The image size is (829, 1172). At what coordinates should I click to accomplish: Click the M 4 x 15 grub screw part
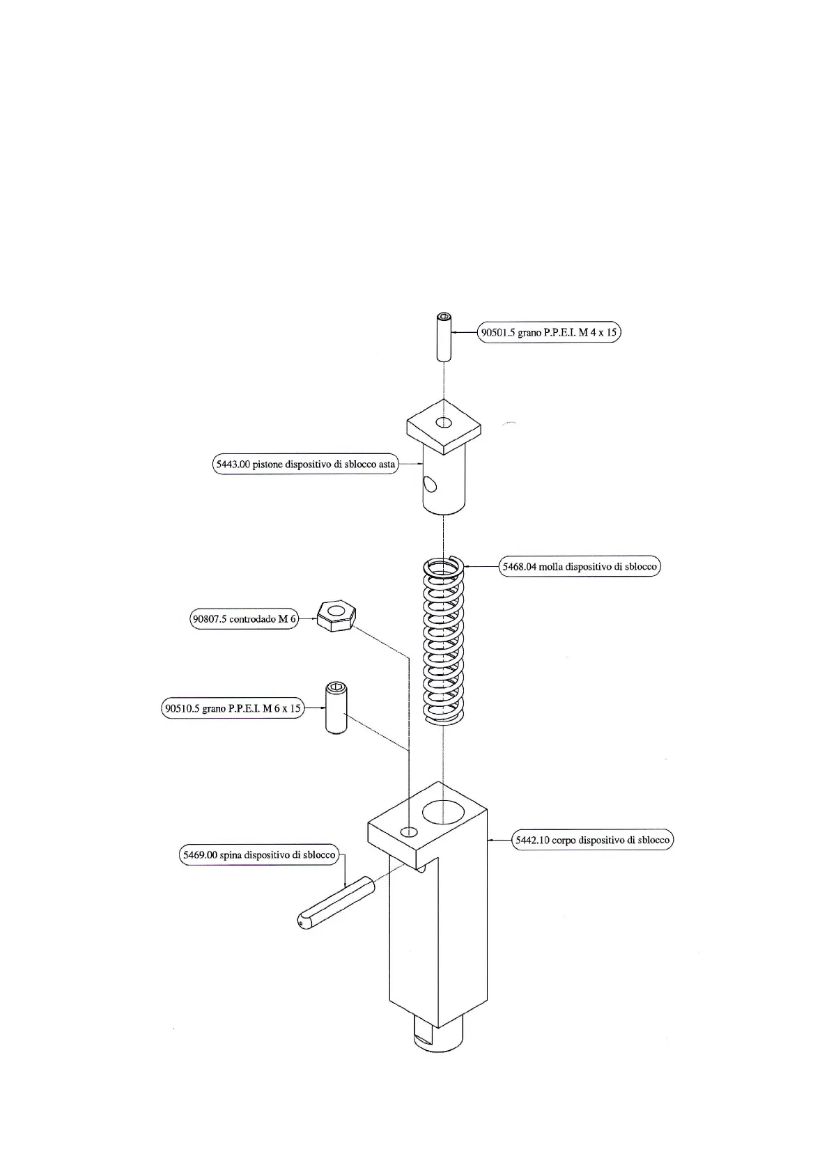click(x=444, y=338)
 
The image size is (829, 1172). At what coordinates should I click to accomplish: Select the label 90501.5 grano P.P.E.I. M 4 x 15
click(x=549, y=333)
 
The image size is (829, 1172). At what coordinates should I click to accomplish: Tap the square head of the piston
click(x=444, y=424)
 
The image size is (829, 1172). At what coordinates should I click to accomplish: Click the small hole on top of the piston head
click(x=444, y=421)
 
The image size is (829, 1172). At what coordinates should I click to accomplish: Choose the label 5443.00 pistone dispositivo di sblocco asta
click(x=305, y=464)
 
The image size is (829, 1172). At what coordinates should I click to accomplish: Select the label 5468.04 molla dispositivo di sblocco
click(x=580, y=567)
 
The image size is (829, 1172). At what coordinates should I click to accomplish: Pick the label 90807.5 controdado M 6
click(x=244, y=619)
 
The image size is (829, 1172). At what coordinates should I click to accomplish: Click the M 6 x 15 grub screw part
click(x=336, y=709)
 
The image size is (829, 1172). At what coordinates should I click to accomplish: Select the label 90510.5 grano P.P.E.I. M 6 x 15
click(x=233, y=709)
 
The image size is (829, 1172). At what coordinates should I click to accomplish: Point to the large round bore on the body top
click(x=442, y=811)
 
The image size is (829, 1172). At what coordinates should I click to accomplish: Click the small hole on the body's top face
click(x=410, y=832)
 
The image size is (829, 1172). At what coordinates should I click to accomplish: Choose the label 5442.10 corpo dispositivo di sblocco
click(x=592, y=841)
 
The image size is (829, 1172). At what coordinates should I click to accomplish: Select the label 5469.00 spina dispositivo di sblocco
click(x=259, y=855)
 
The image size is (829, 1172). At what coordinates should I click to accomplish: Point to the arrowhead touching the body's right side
click(x=493, y=841)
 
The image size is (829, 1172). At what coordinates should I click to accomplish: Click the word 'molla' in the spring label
click(x=550, y=567)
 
